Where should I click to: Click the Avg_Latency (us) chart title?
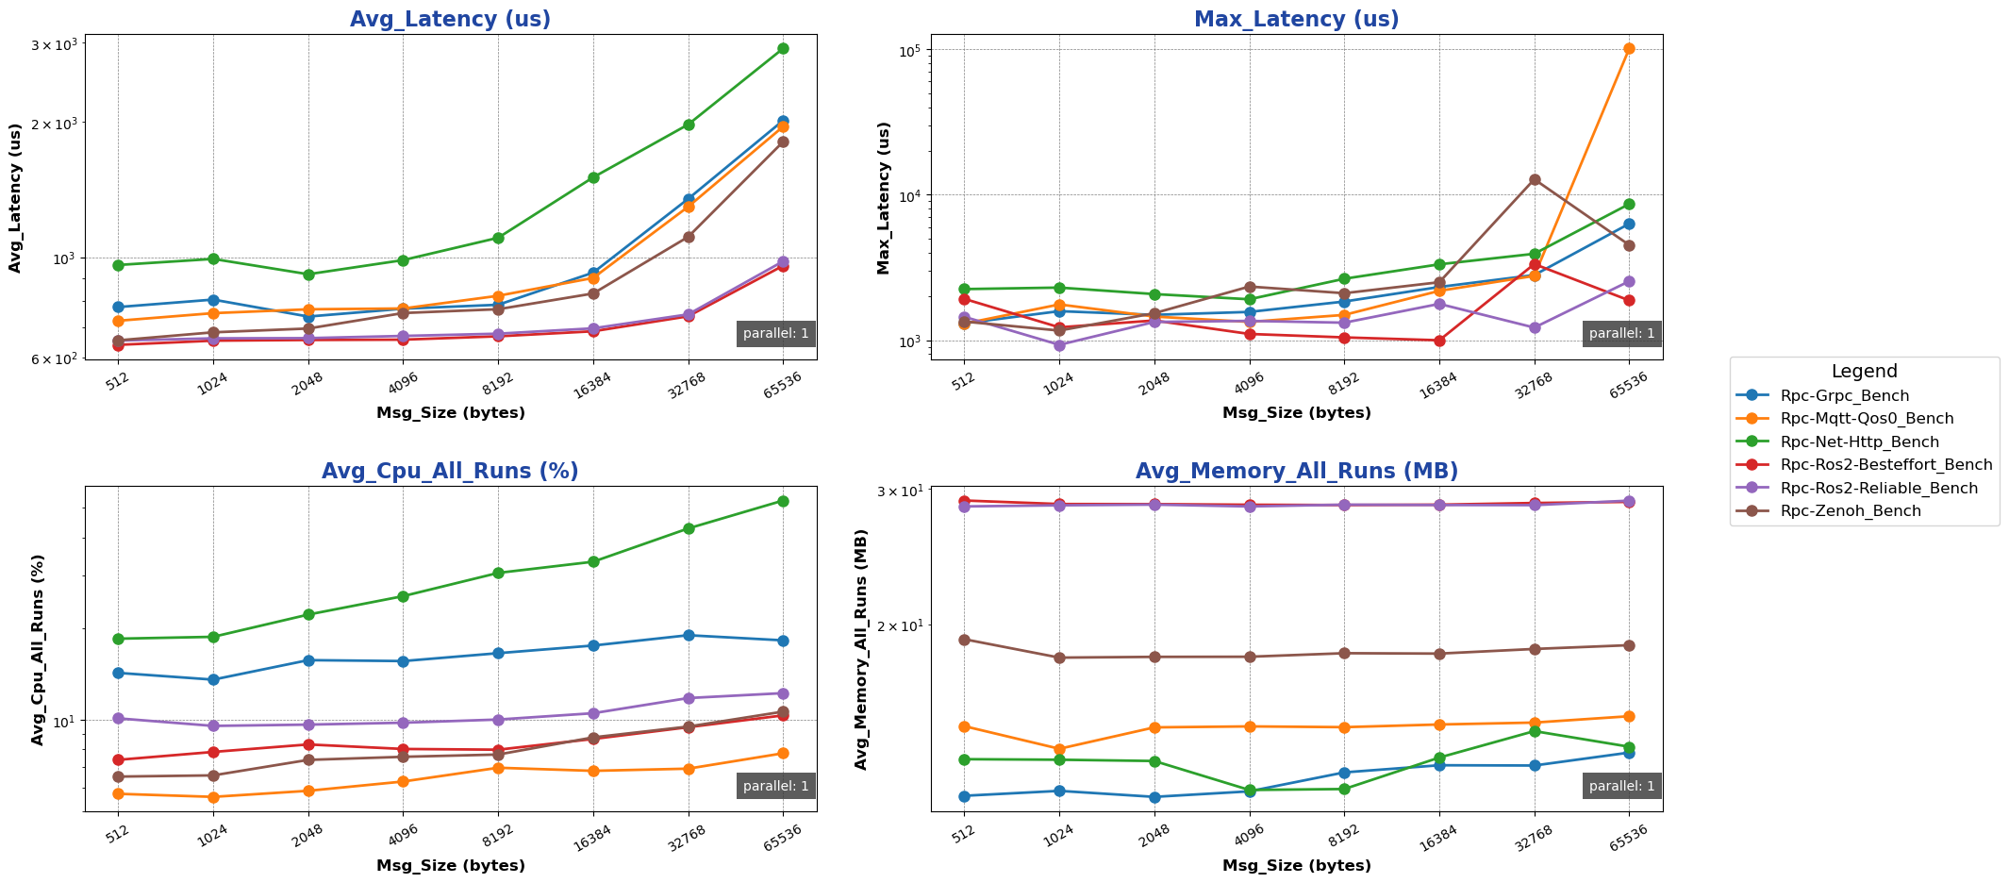pyautogui.click(x=450, y=19)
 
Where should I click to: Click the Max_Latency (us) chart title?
pyautogui.click(x=1296, y=19)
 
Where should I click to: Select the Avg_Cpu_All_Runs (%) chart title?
pyautogui.click(x=450, y=471)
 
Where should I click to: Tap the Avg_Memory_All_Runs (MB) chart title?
pyautogui.click(x=1296, y=471)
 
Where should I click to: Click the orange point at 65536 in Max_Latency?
pyautogui.click(x=1629, y=48)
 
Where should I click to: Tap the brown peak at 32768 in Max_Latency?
pyautogui.click(x=1535, y=179)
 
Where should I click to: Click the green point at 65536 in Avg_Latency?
pyautogui.click(x=783, y=48)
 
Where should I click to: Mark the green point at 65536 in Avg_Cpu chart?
pyautogui.click(x=783, y=501)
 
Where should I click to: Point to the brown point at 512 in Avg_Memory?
pyautogui.click(x=964, y=640)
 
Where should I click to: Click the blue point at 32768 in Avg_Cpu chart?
pyautogui.click(x=689, y=635)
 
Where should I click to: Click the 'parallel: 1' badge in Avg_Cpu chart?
pyautogui.click(x=775, y=786)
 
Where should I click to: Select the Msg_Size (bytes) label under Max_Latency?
pyautogui.click(x=1296, y=412)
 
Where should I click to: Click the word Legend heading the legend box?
pyautogui.click(x=1864, y=372)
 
